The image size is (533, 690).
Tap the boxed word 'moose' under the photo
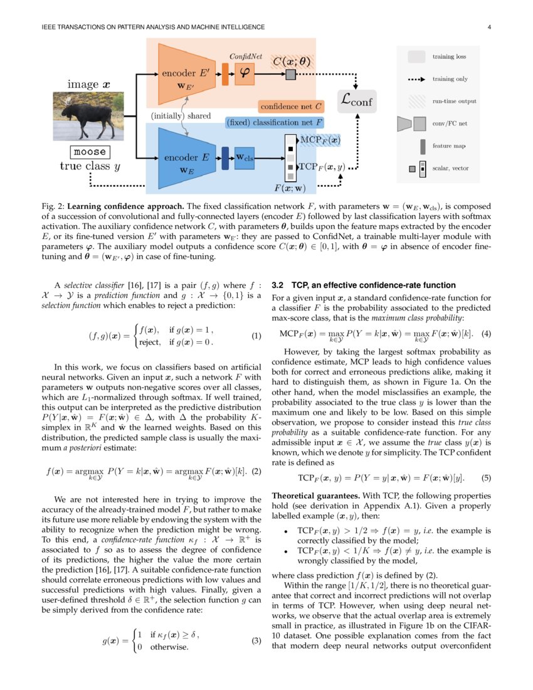point(90,152)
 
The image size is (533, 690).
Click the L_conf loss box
point(357,100)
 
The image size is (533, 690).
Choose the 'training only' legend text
point(454,80)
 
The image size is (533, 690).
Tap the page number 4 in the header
point(488,27)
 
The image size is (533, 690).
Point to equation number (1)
point(256,336)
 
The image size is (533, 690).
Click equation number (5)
point(486,478)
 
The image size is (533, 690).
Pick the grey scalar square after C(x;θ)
point(290,75)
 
